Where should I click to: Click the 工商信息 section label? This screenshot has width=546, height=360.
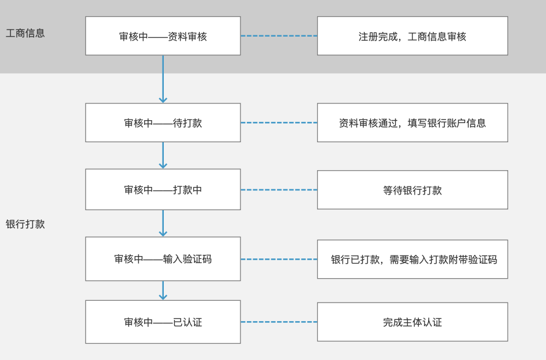point(25,33)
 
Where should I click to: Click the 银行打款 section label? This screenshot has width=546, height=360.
point(25,224)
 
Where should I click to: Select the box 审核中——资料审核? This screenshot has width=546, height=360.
point(163,36)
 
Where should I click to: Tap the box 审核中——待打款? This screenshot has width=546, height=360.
point(163,123)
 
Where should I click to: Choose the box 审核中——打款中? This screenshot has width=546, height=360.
point(163,190)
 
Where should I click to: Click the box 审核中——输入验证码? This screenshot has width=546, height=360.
point(163,259)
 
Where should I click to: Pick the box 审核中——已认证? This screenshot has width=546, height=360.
point(163,322)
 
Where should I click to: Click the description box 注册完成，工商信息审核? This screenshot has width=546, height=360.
point(412,36)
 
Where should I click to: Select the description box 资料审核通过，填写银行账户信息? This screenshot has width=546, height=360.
point(412,123)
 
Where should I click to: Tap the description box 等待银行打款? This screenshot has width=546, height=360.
point(412,190)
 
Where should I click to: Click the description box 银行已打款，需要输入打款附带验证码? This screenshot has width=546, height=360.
point(412,259)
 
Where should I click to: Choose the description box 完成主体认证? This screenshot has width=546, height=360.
point(412,322)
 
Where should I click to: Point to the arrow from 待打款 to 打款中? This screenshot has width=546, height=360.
point(163,156)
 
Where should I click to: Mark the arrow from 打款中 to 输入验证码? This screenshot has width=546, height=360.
point(163,223)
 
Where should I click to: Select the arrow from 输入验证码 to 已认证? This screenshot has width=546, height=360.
point(163,290)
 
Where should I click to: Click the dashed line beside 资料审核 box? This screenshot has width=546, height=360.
point(279,36)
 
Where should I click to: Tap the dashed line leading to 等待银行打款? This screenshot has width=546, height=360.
point(279,190)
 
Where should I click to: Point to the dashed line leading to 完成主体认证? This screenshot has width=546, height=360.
point(279,322)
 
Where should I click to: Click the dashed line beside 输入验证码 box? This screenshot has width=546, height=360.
point(279,259)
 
